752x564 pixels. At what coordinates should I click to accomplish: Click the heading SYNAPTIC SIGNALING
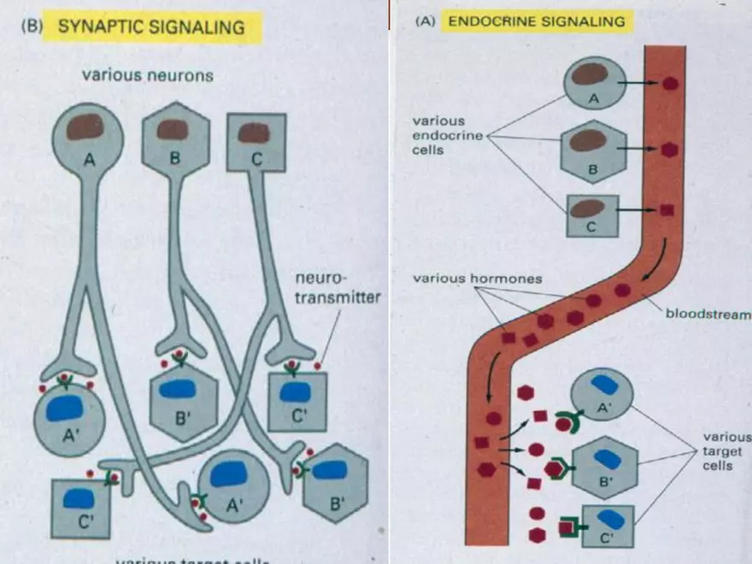[x=150, y=26]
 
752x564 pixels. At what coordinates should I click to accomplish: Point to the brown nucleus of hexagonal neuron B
[x=172, y=130]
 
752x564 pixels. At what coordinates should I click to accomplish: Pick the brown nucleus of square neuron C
[x=254, y=132]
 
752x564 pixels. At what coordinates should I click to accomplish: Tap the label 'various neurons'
[x=147, y=75]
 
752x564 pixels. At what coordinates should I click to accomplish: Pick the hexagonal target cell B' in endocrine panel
[x=605, y=467]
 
